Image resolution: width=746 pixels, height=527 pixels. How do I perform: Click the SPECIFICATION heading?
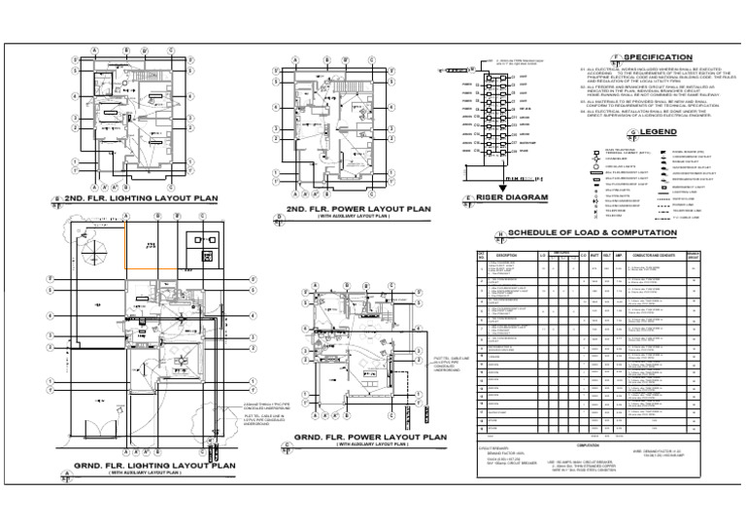pyautogui.click(x=660, y=58)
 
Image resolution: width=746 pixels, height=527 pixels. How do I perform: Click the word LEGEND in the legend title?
pyautogui.click(x=660, y=131)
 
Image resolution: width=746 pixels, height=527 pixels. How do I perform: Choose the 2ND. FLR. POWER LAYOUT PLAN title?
pyautogui.click(x=356, y=207)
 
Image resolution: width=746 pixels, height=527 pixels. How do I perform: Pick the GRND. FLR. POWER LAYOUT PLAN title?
pyautogui.click(x=370, y=439)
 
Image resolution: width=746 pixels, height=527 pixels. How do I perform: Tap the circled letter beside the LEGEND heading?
pyautogui.click(x=633, y=131)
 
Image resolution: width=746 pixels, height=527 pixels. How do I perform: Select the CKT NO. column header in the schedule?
pyautogui.click(x=480, y=256)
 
